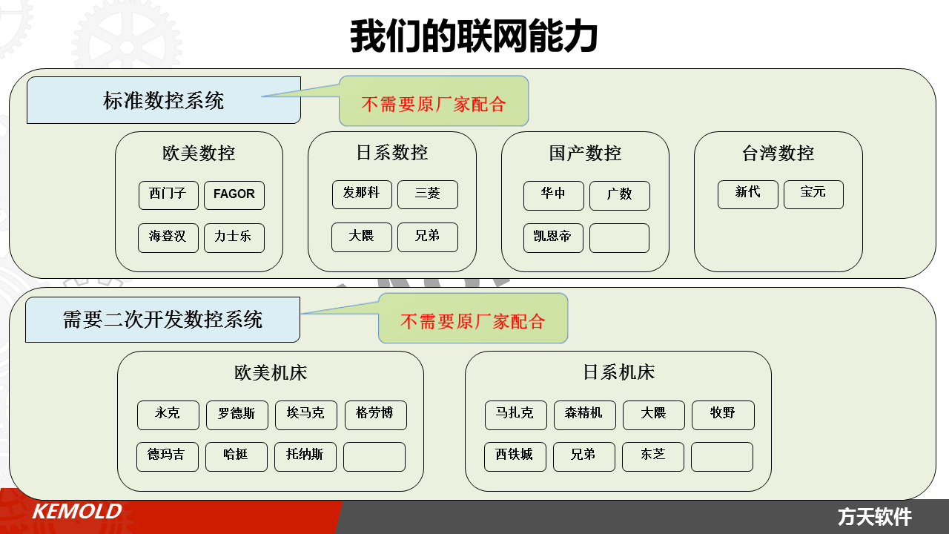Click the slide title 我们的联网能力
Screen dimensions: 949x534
474,36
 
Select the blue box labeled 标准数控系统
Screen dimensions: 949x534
164,100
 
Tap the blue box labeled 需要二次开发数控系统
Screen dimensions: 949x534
162,320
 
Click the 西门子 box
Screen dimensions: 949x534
168,195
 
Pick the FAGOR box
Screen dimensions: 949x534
234,195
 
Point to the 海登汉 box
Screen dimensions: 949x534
168,238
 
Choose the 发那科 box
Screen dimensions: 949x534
362,194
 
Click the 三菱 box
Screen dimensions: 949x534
428,194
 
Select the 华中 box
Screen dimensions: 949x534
553,195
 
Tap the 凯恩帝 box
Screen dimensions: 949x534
553,238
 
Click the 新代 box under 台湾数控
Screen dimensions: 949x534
748,194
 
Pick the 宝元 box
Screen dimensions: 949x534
813,194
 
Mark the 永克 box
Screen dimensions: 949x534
168,415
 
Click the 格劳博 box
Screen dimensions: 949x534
375,415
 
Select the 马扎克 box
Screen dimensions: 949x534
515,415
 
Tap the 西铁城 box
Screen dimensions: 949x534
515,456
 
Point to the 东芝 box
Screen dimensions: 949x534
653,456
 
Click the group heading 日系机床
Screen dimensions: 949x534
618,372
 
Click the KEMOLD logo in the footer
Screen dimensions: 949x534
77,511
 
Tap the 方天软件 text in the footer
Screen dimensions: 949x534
874,517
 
